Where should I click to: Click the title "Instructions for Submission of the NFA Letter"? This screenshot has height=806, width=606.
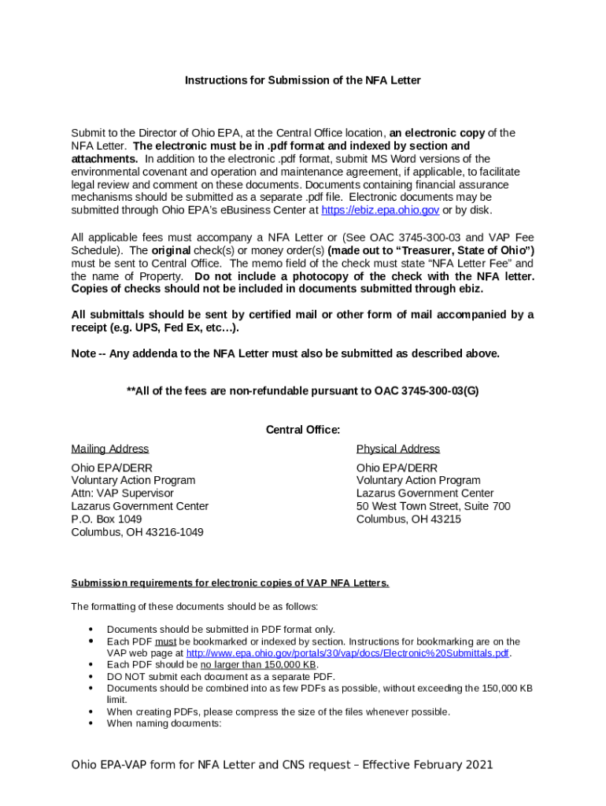point(303,80)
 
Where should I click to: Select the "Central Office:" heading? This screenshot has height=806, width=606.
point(303,430)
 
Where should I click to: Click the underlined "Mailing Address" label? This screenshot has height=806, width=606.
point(110,449)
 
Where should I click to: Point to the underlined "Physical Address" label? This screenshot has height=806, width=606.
point(398,449)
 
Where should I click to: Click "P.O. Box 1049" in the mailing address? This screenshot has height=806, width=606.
point(107,519)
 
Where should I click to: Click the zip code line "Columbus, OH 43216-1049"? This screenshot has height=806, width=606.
point(138,532)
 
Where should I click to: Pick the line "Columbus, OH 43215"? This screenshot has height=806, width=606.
point(408,519)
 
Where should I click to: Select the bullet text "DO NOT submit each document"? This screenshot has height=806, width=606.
point(220,677)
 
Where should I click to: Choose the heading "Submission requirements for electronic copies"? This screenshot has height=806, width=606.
point(230,583)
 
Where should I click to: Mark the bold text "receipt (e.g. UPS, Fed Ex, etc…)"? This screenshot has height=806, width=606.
point(155,327)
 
